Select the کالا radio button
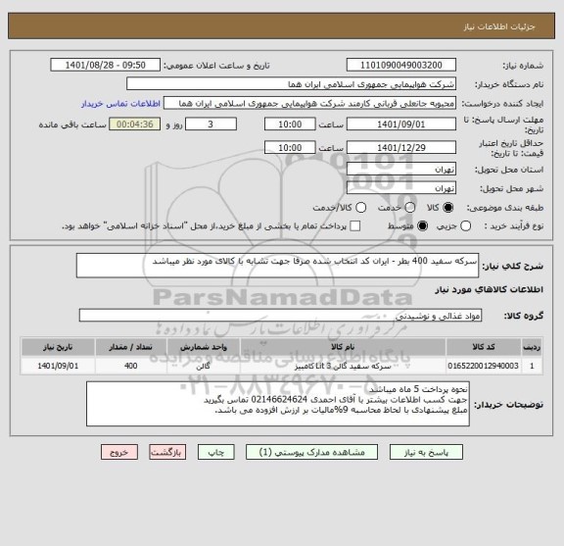click(449, 207)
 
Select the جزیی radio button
click(466, 226)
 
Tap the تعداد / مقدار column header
click(131, 347)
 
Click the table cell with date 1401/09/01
click(57, 366)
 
